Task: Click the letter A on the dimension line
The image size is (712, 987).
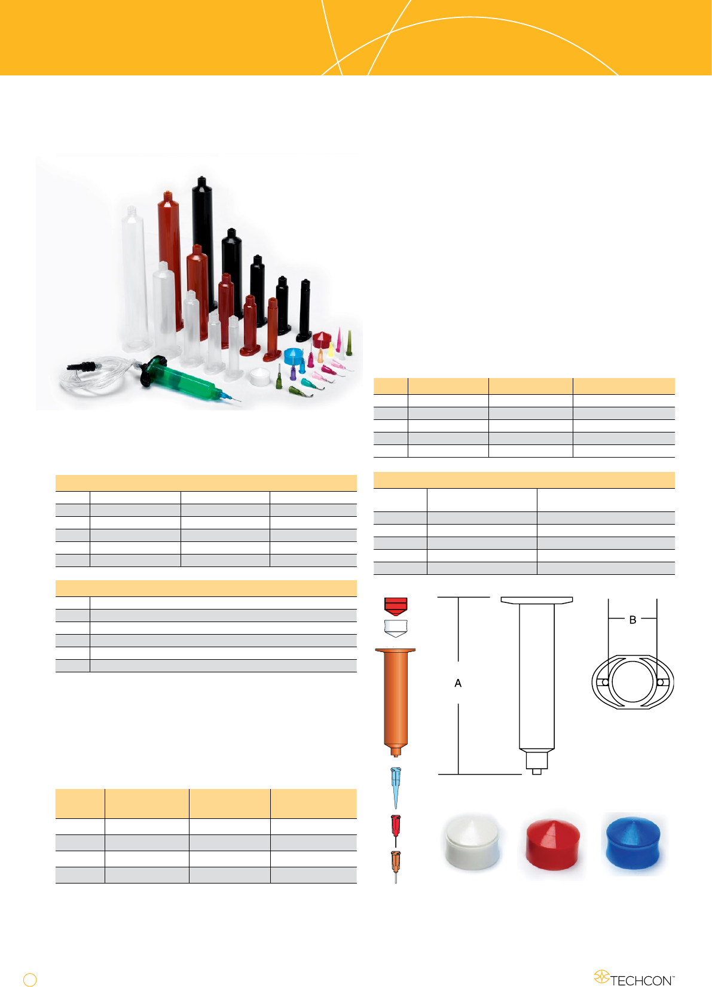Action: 458,683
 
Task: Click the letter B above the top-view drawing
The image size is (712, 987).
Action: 632,620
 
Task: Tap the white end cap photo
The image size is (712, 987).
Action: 472,842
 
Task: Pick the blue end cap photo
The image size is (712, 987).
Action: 633,843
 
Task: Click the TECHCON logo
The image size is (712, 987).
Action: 634,977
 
